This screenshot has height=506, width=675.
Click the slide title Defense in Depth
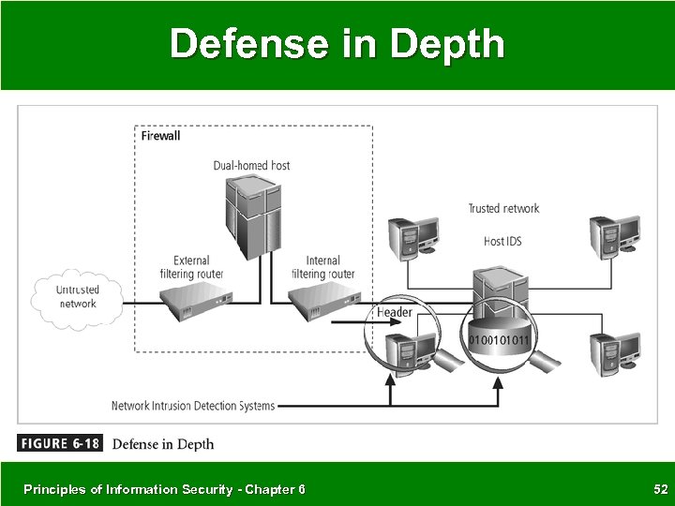337,43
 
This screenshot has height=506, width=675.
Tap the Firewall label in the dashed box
160,135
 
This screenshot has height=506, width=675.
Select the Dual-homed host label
251,166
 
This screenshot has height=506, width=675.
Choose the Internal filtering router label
323,267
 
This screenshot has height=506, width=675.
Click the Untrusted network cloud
77,297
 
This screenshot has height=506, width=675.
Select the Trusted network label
504,208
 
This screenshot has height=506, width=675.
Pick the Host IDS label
502,241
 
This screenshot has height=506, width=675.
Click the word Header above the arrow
395,312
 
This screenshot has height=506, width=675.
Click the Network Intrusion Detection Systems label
193,406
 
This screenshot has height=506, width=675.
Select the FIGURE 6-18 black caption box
59,443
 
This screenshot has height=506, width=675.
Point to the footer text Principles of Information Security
164,489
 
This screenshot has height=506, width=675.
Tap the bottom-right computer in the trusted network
614,352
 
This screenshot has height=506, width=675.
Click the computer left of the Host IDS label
412,236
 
